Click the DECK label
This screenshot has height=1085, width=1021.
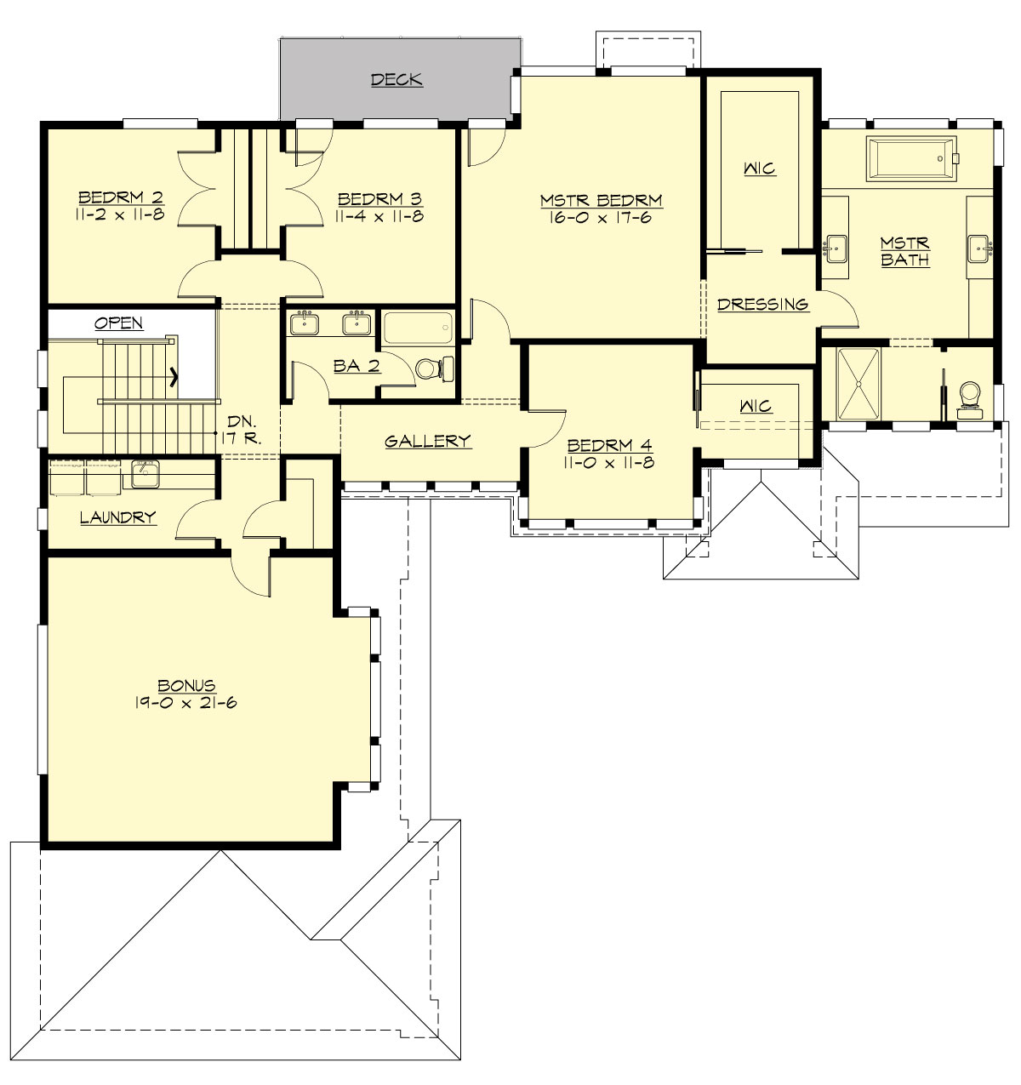tap(396, 80)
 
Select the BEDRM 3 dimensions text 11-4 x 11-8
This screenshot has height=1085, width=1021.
tap(379, 216)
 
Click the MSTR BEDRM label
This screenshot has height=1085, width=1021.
tap(601, 201)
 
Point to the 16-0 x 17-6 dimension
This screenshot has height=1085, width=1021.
tap(601, 218)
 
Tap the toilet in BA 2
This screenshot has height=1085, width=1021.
tap(430, 368)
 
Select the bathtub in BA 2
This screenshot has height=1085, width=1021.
tap(418, 328)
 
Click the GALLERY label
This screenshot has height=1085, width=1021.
tap(427, 441)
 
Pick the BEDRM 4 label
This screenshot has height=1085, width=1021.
tap(609, 446)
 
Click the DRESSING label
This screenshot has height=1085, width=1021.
tap(762, 305)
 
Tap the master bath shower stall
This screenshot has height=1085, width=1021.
tap(858, 384)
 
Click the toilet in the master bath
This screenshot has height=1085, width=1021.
tap(969, 397)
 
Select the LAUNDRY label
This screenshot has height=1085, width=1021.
tap(117, 517)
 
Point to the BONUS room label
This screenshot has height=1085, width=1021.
tap(186, 686)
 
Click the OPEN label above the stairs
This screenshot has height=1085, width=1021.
tap(118, 323)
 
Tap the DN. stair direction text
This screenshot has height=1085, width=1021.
tap(242, 422)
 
